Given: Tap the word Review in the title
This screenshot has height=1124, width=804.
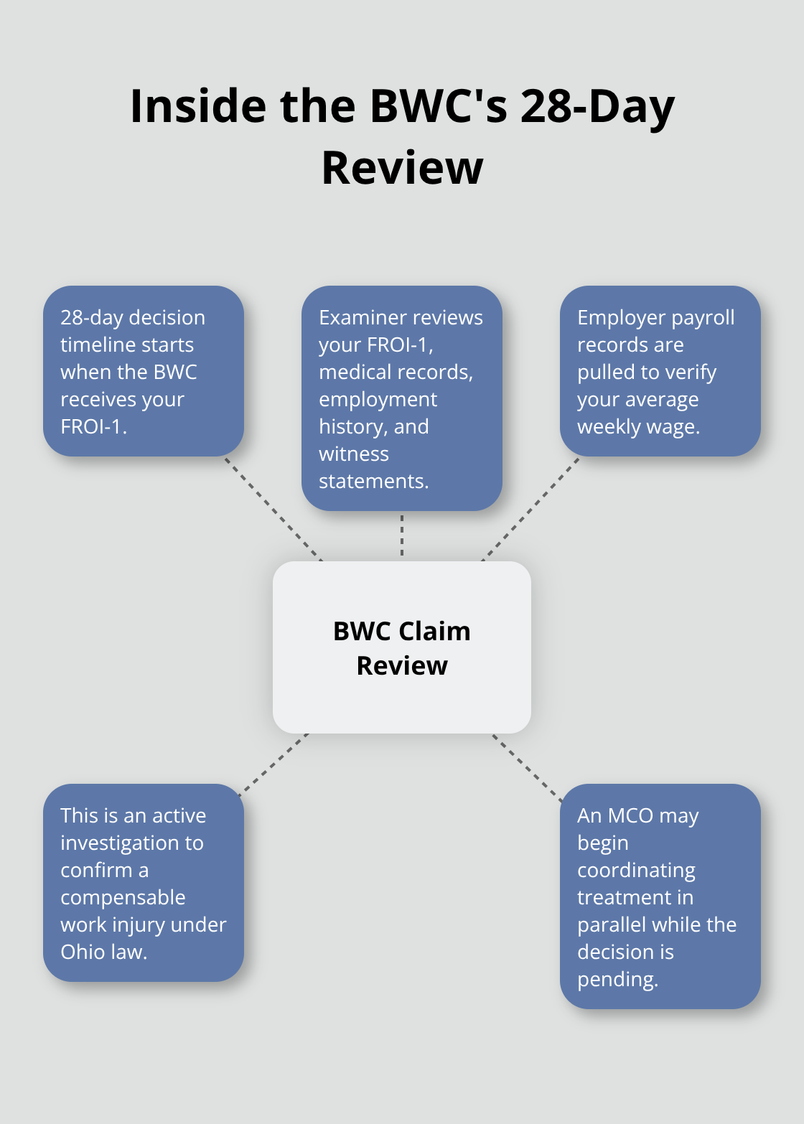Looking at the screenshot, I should (x=402, y=168).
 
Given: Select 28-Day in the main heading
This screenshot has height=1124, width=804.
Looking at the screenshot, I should (x=597, y=106).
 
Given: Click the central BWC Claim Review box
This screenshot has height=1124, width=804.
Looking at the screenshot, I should (x=402, y=647).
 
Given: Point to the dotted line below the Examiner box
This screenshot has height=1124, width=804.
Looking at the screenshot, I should (x=402, y=535).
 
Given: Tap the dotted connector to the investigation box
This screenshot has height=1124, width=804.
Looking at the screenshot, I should (x=274, y=762).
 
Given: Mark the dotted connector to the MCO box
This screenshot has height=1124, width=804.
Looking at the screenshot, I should (x=528, y=767).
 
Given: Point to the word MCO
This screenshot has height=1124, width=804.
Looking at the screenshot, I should (x=631, y=815).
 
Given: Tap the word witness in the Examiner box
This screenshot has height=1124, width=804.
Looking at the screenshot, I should (x=354, y=454).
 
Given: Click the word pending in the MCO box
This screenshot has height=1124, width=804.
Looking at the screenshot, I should (x=617, y=979).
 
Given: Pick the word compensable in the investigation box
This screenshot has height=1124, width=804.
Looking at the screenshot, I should (x=123, y=897).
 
